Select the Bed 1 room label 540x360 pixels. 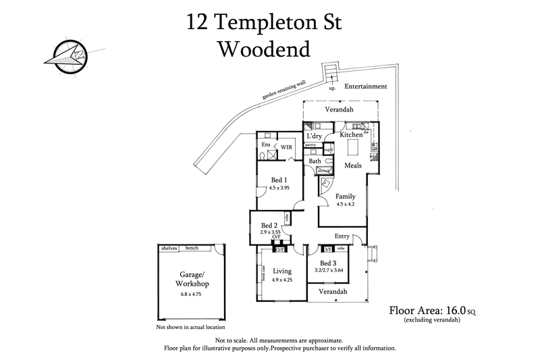tap(277, 180)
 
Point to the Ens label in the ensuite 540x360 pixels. tap(265, 145)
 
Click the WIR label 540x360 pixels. tap(286, 146)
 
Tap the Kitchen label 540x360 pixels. tap(351, 134)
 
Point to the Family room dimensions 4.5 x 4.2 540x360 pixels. tap(346, 203)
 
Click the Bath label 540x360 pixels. tap(315, 161)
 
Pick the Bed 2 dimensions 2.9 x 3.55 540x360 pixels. tap(269, 232)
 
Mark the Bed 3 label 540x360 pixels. tap(329, 263)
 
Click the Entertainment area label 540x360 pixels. tap(366, 86)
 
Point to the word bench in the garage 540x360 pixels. tap(192, 248)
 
